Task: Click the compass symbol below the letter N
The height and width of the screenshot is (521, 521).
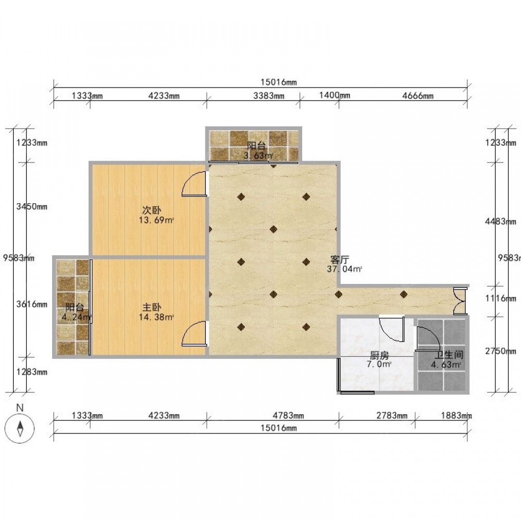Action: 20,428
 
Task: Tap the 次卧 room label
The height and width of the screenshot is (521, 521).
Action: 152,210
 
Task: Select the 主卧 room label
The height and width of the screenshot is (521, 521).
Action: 152,307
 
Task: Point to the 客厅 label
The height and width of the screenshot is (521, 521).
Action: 340,259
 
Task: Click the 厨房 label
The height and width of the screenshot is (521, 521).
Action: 379,356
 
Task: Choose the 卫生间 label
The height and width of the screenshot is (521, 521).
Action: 449,355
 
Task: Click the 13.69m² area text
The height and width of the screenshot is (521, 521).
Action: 156,220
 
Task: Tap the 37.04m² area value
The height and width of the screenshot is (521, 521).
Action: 344,269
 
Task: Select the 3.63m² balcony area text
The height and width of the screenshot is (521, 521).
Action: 258,155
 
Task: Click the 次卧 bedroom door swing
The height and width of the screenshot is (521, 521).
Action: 194,184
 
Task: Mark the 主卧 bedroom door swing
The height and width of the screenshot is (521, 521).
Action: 194,334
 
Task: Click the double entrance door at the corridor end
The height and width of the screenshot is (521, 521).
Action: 460,301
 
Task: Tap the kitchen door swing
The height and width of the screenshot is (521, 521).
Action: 392,329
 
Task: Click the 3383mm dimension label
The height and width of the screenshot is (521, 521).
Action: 269,96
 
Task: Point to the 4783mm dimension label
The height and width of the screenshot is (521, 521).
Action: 288,415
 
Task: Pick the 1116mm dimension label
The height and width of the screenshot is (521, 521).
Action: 501,298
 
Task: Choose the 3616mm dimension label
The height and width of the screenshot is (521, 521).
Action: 32,304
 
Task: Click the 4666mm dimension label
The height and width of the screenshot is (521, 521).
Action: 418,96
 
